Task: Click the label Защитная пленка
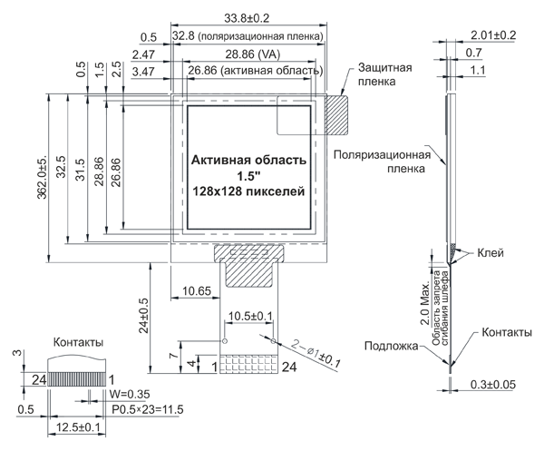click(x=385, y=74)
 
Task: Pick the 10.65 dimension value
click(x=197, y=290)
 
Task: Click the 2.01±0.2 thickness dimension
click(x=493, y=34)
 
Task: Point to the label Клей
click(x=490, y=253)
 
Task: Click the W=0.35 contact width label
click(x=130, y=395)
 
